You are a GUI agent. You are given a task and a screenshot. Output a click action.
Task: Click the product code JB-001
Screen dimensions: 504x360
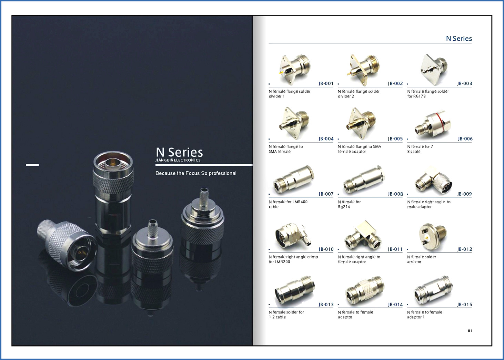click(326, 83)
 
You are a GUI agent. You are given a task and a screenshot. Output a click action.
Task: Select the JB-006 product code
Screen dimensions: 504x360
click(465, 139)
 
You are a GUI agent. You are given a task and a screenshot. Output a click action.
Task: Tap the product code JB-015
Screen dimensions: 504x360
click(465, 305)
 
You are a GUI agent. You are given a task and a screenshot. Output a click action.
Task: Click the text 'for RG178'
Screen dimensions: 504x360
click(416, 96)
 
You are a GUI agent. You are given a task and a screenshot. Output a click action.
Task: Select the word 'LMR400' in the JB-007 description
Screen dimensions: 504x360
click(300, 202)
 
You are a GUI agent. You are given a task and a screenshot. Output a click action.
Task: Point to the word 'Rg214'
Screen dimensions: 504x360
click(344, 207)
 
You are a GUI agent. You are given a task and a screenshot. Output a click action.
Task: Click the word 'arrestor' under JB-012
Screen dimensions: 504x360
click(414, 262)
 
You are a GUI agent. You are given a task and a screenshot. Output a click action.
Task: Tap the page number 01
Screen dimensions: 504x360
click(470, 331)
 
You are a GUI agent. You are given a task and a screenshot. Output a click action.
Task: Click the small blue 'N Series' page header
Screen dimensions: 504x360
click(459, 39)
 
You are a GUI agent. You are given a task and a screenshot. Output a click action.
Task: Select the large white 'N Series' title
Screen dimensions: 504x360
click(179, 152)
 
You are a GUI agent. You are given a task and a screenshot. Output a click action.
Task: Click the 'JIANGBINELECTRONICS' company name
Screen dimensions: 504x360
click(178, 160)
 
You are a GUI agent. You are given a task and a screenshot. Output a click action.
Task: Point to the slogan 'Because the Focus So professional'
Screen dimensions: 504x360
click(196, 173)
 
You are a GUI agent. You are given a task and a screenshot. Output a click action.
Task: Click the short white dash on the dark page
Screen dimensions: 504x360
click(32, 165)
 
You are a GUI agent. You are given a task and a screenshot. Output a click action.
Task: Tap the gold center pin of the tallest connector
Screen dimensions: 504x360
click(112, 162)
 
